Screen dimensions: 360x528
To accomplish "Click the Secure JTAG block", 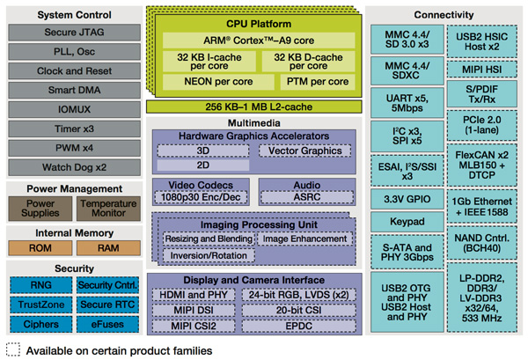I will [x=71, y=32].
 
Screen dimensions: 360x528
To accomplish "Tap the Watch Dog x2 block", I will [x=71, y=166].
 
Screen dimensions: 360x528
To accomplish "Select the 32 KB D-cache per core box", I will [x=299, y=61].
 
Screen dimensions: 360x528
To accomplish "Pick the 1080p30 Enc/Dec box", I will [x=194, y=197].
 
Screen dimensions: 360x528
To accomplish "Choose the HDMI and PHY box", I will [x=199, y=295].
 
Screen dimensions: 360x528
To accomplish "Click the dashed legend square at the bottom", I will [x=13, y=350].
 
